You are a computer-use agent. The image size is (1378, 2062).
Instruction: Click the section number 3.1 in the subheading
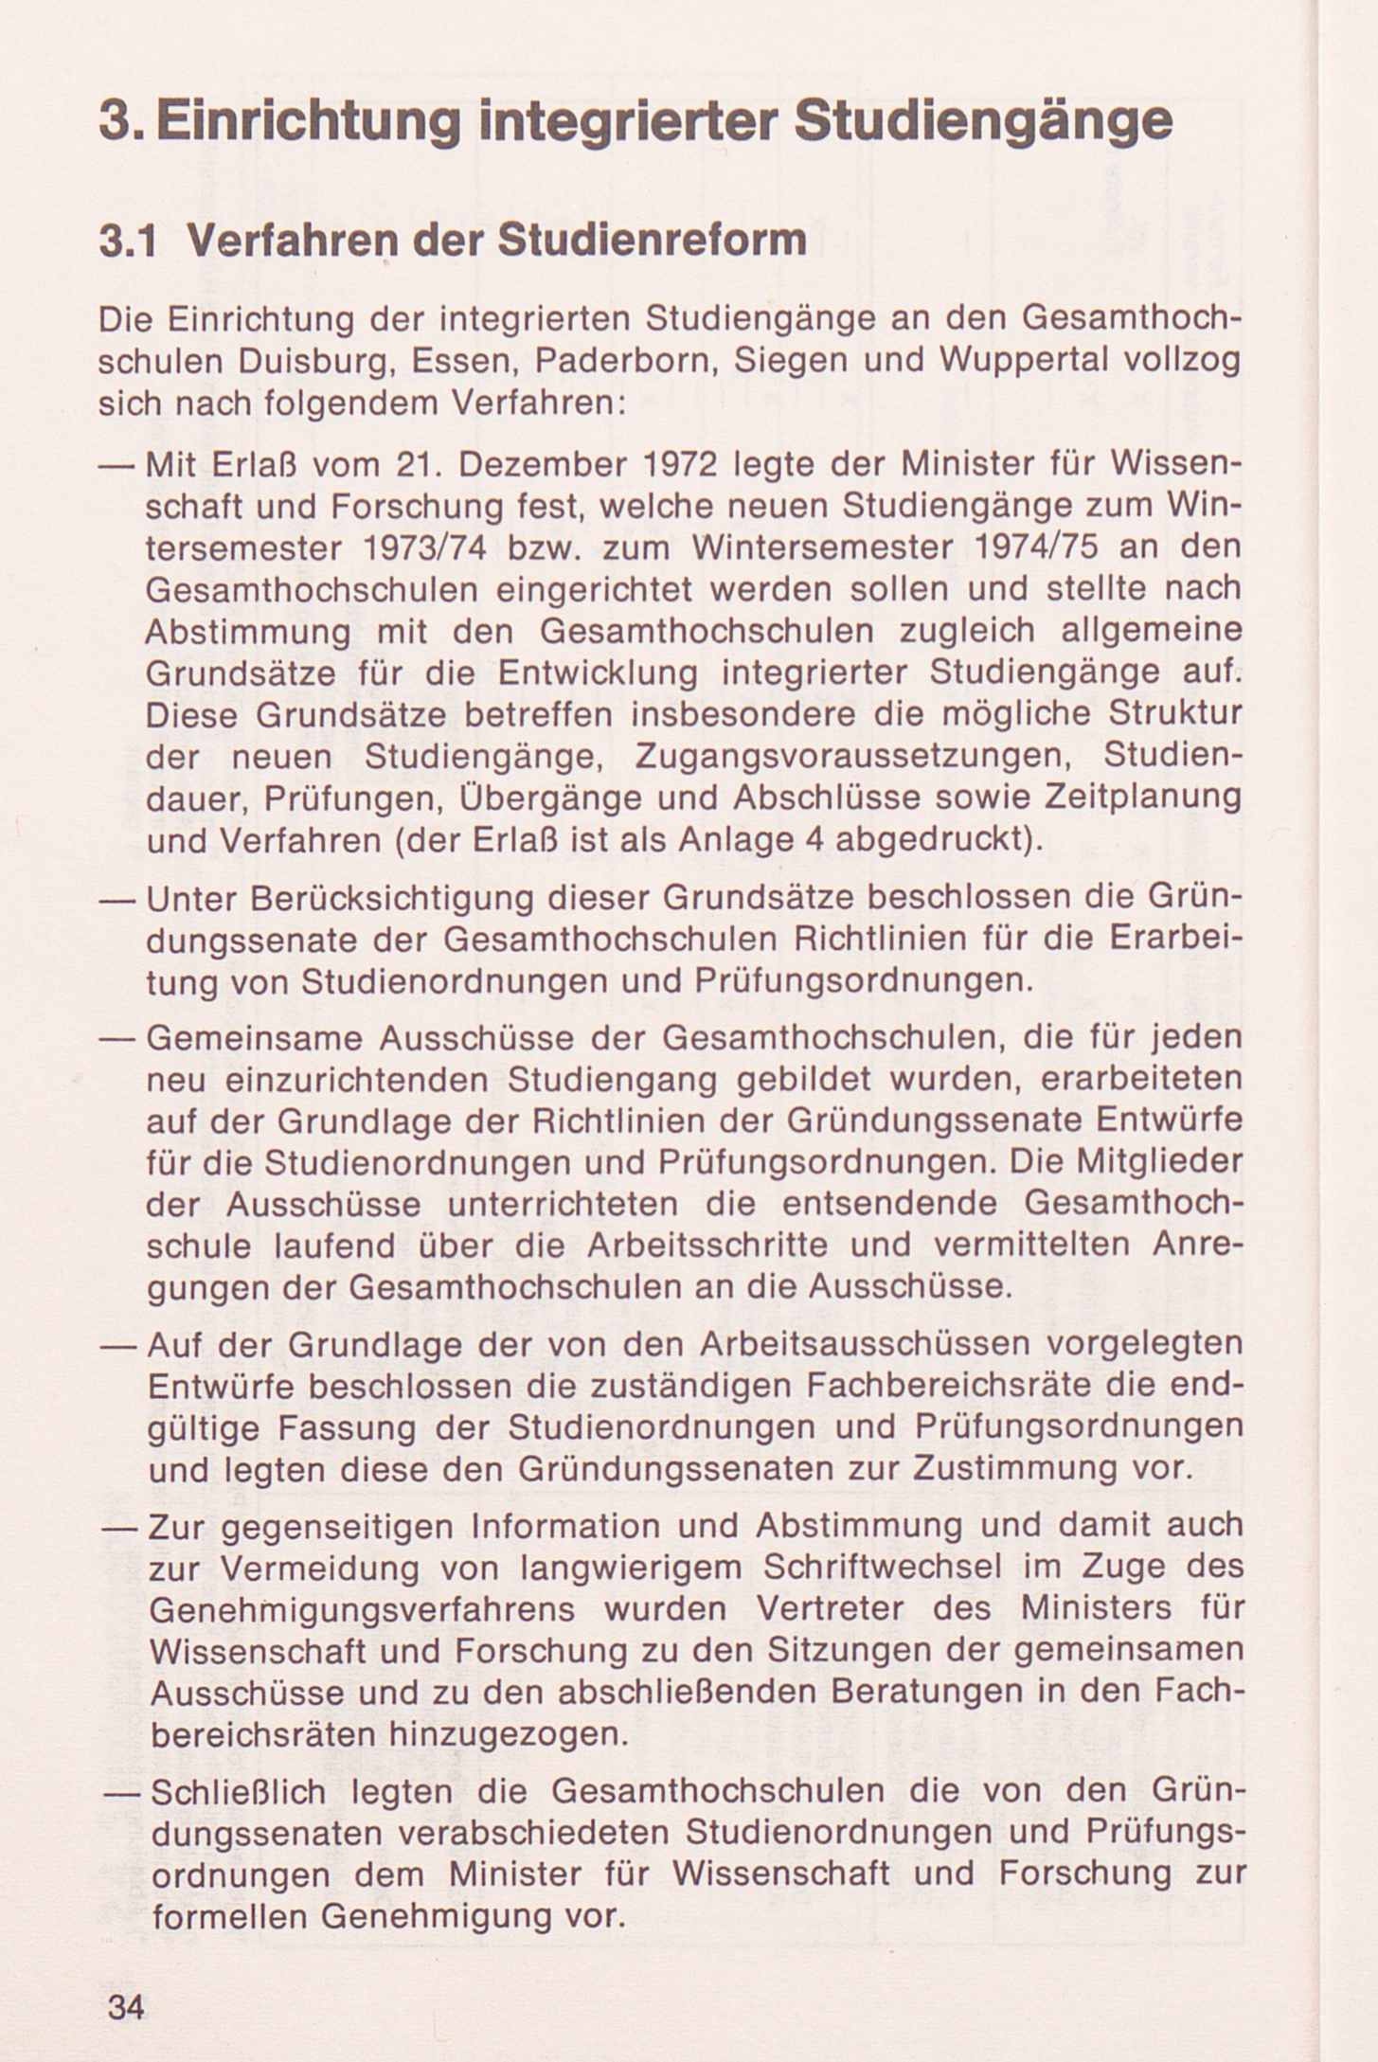click(129, 242)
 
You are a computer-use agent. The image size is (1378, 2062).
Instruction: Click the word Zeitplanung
click(1141, 798)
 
